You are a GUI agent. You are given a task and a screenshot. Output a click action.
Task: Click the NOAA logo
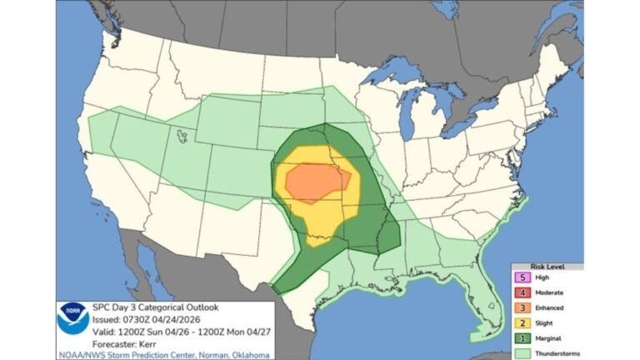pos(73,318)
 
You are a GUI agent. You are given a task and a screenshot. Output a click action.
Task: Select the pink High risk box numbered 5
pos(522,277)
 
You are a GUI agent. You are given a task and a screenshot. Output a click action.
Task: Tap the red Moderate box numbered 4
pos(522,292)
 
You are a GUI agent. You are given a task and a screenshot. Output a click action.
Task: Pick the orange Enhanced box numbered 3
pos(522,307)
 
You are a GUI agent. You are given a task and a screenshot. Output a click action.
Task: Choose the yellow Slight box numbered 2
pos(522,322)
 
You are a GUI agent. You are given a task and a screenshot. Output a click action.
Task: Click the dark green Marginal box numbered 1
pos(522,337)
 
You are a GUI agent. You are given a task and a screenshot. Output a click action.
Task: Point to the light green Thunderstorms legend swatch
pos(522,352)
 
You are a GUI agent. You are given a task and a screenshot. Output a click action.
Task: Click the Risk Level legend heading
pos(547,267)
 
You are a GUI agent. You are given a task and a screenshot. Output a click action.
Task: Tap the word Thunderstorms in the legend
pos(557,352)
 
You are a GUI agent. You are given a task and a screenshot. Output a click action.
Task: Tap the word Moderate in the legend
pos(551,292)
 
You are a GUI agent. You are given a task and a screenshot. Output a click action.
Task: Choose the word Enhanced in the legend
pos(551,307)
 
